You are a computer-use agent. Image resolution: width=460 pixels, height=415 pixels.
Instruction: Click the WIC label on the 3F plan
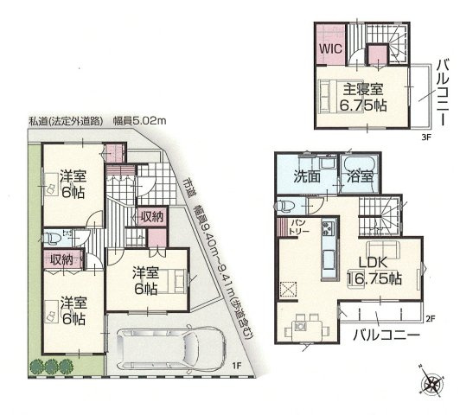pyautogui.click(x=331, y=49)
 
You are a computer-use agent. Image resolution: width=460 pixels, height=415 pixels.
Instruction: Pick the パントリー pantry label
pyautogui.click(x=288, y=228)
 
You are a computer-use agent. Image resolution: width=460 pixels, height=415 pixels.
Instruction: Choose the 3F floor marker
pyautogui.click(x=425, y=137)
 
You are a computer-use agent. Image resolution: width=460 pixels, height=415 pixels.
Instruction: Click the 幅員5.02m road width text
pyautogui.click(x=142, y=120)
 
